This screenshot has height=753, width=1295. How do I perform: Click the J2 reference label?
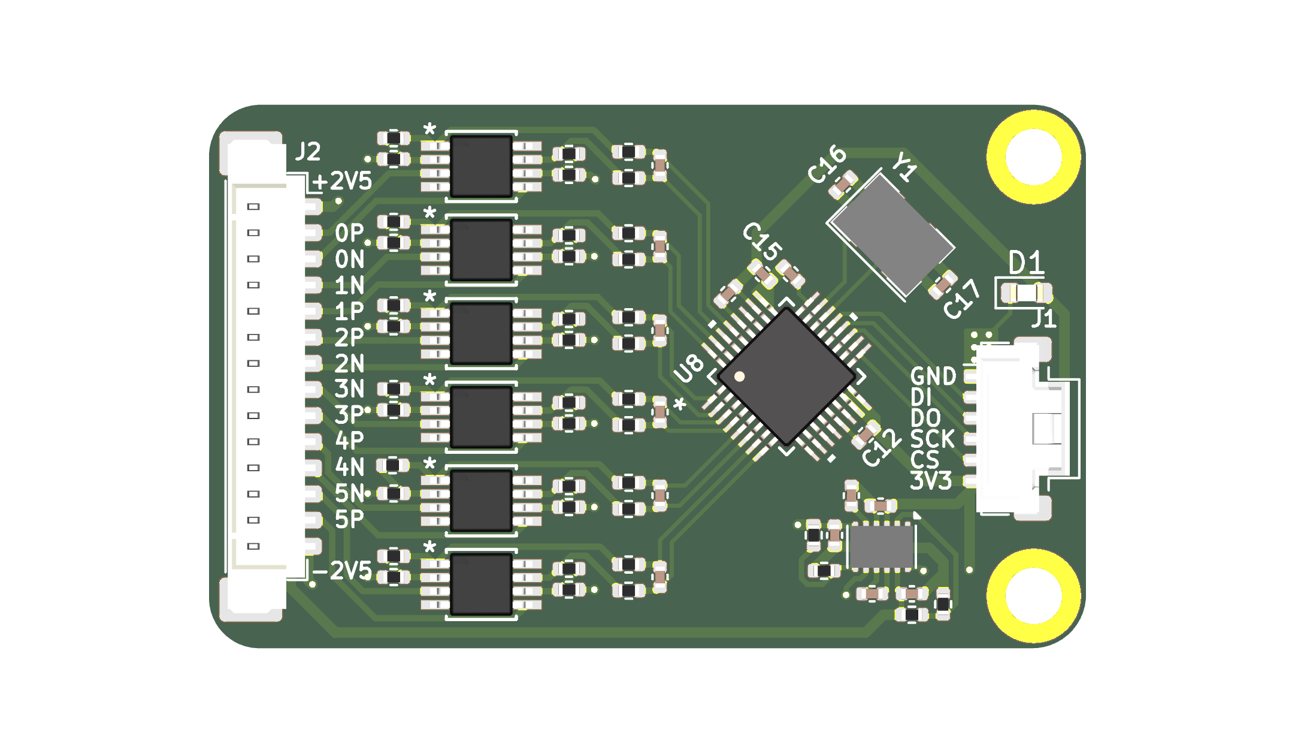(308, 152)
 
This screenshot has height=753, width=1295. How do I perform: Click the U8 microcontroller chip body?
(786, 376)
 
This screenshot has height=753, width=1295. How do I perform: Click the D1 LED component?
(1026, 293)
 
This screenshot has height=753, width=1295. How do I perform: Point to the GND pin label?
(933, 377)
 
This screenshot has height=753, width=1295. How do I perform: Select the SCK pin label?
(932, 439)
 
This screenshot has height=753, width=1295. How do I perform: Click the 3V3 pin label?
(930, 481)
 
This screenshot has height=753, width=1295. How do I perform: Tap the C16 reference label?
(827, 164)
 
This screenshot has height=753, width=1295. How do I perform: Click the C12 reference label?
(881, 448)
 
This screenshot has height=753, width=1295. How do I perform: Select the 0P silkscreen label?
(349, 233)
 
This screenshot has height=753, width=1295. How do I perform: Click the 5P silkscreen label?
(349, 519)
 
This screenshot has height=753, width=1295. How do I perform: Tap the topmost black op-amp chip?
(481, 166)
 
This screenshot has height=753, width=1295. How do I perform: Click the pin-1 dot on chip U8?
(740, 376)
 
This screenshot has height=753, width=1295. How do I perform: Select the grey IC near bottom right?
(881, 546)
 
